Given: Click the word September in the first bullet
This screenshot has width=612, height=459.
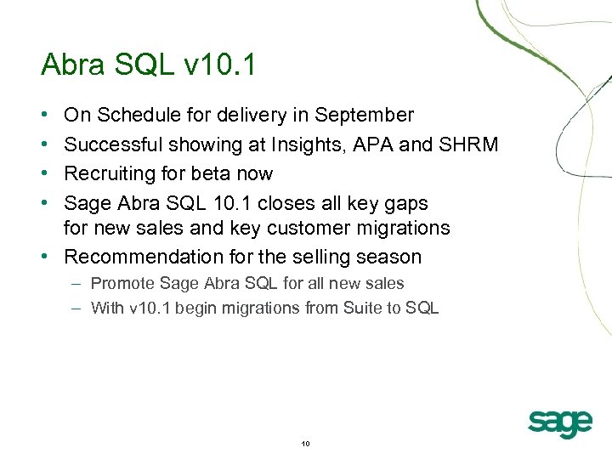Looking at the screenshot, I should (364, 116).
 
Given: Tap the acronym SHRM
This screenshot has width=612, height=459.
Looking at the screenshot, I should (468, 145).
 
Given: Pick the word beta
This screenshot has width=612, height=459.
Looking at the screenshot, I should (220, 174).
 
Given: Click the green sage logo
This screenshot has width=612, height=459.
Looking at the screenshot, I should (559, 422).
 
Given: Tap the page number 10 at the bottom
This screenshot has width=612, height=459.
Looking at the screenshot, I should (306, 444).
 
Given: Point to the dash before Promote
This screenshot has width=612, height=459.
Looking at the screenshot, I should (76, 284).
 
